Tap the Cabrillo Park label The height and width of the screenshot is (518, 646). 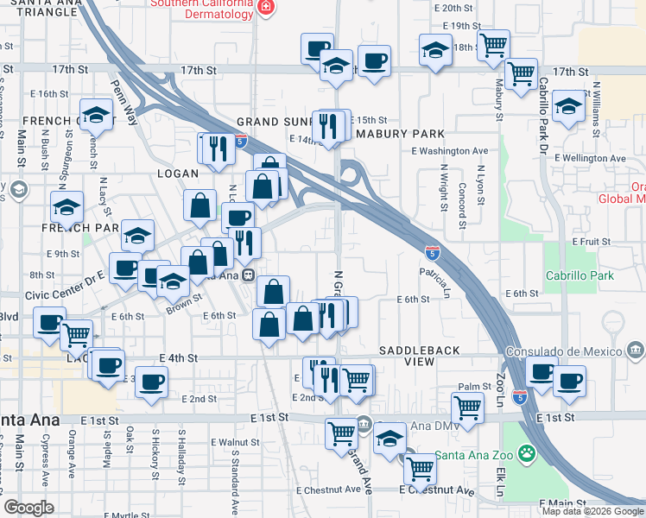579,276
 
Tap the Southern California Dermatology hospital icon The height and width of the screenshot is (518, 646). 265,7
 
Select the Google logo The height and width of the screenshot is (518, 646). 28,508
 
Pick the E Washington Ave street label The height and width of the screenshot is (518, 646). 449,151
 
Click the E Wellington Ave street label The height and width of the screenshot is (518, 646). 596,158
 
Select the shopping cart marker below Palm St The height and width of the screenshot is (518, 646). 467,407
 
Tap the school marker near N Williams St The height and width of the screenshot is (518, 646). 568,107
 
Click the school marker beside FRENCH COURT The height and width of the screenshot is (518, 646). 97,115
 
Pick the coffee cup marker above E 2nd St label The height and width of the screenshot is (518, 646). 152,382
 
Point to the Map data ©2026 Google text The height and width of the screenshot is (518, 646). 593,511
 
